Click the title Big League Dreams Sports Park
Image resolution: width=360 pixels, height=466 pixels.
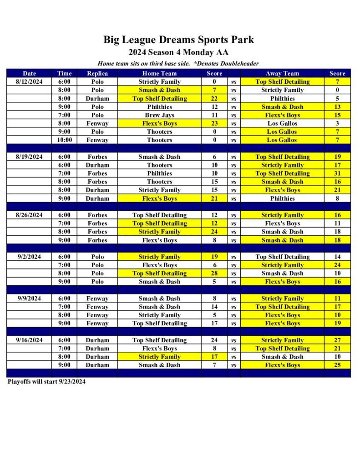pyautogui.click(x=178, y=40)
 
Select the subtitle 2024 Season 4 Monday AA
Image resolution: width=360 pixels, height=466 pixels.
pyautogui.click(x=178, y=52)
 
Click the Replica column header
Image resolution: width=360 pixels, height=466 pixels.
pyautogui.click(x=97, y=73)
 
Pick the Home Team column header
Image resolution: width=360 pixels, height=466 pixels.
pyautogui.click(x=159, y=73)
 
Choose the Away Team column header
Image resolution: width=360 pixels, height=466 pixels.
pyautogui.click(x=282, y=73)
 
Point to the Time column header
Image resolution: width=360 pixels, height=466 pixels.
pyautogui.click(x=64, y=73)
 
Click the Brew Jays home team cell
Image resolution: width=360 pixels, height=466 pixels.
pyautogui.click(x=159, y=115)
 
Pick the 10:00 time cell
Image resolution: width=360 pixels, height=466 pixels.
pyautogui.click(x=64, y=140)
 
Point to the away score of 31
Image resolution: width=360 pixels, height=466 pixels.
pyautogui.click(x=337, y=173)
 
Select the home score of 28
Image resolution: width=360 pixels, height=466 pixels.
pyautogui.click(x=214, y=274)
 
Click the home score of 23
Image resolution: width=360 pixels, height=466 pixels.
pyautogui.click(x=214, y=123)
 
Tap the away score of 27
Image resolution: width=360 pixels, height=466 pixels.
pyautogui.click(x=337, y=340)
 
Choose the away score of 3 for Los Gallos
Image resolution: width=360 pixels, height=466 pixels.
pyautogui.click(x=337, y=123)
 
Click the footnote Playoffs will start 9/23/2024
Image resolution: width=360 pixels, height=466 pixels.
pyautogui.click(x=46, y=382)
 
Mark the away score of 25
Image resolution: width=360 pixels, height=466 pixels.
pyautogui.click(x=337, y=365)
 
